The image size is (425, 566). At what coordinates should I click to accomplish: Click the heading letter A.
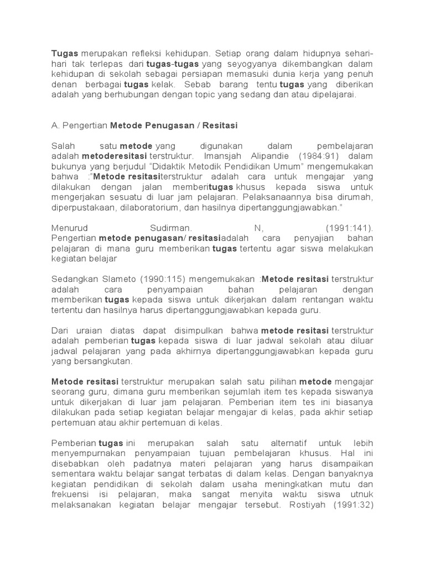[x=54, y=125]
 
